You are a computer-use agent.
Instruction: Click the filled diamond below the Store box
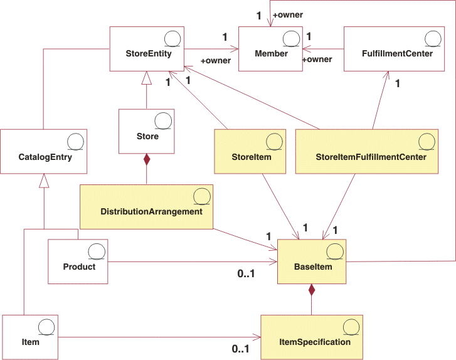147,159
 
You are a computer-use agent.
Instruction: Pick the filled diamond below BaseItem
312,290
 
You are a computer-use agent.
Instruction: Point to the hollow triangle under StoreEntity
146,78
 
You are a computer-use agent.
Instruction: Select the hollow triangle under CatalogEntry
43,181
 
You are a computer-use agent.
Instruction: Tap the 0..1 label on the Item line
240,349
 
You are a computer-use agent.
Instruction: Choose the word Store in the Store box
147,136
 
